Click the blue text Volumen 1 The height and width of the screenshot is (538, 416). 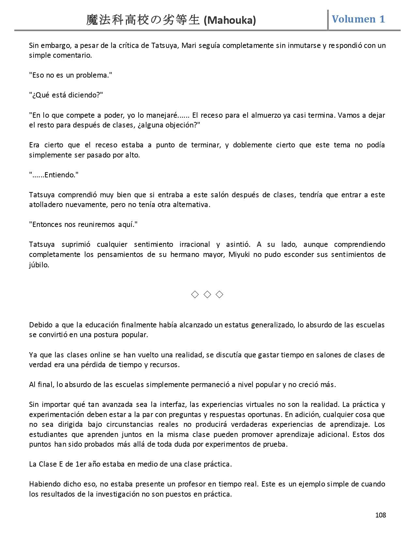[x=358, y=19]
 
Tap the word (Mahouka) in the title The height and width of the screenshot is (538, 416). [x=230, y=21]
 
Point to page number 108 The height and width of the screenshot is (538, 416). [x=380, y=515]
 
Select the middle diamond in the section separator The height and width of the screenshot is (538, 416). [x=207, y=294]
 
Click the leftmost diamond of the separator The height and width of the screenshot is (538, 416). [x=195, y=294]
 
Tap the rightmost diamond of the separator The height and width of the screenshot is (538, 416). [x=220, y=294]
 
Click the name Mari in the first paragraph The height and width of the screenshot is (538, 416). [x=189, y=45]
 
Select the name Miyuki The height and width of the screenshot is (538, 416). [x=239, y=254]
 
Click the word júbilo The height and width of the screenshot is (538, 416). [x=39, y=265]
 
